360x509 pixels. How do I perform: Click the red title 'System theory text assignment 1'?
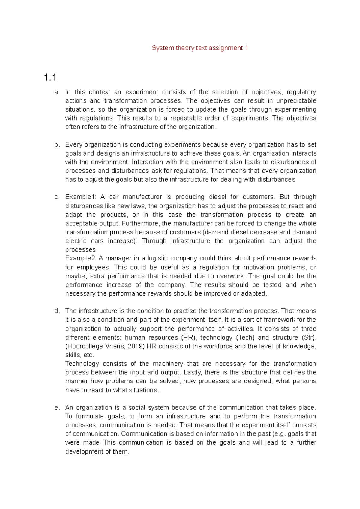pos(200,48)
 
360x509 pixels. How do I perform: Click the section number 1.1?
pos(50,78)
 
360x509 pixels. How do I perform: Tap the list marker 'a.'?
pos(57,92)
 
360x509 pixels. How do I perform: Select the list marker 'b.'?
pos(57,145)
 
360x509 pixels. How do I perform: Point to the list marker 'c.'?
pos(57,197)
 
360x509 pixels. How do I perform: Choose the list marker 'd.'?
pos(57,311)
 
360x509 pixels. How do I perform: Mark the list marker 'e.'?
pos(57,408)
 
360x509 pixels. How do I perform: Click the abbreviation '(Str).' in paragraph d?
pos(309,338)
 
